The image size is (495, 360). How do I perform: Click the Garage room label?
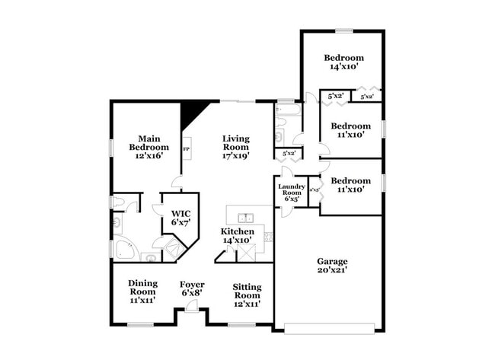point(332,261)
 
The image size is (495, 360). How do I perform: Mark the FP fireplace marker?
point(186,148)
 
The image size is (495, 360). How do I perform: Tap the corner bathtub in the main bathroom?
point(123,249)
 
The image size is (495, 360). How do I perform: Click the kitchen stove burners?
point(267,236)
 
